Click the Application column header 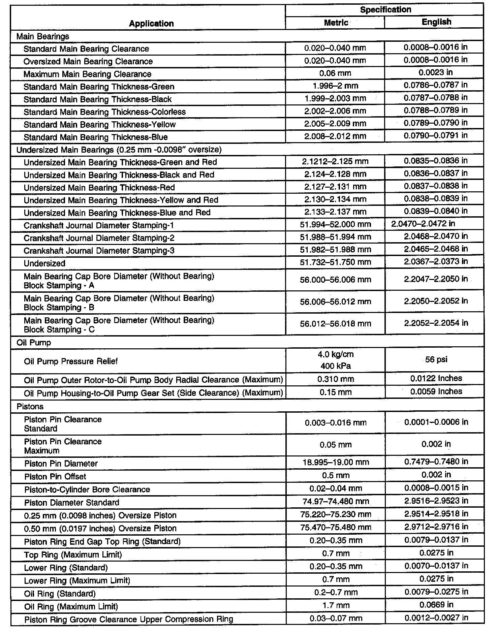(x=151, y=24)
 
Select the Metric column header (x=336, y=23)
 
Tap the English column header (x=436, y=22)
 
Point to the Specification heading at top (x=385, y=10)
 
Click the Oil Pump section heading (x=34, y=343)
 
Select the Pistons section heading (x=30, y=407)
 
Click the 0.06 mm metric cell (x=335, y=73)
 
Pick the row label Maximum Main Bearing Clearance (x=87, y=74)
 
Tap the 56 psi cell (x=436, y=359)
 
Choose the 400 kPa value (x=335, y=366)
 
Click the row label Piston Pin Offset (x=55, y=477)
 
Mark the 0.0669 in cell (x=436, y=605)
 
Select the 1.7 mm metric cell (x=336, y=606)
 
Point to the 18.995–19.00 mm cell (x=336, y=462)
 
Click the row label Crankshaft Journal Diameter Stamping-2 (x=99, y=238)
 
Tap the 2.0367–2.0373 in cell (x=436, y=262)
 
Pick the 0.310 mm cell (x=336, y=379)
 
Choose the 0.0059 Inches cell (x=436, y=391)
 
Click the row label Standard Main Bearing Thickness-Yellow (x=99, y=125)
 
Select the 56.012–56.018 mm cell (x=336, y=324)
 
